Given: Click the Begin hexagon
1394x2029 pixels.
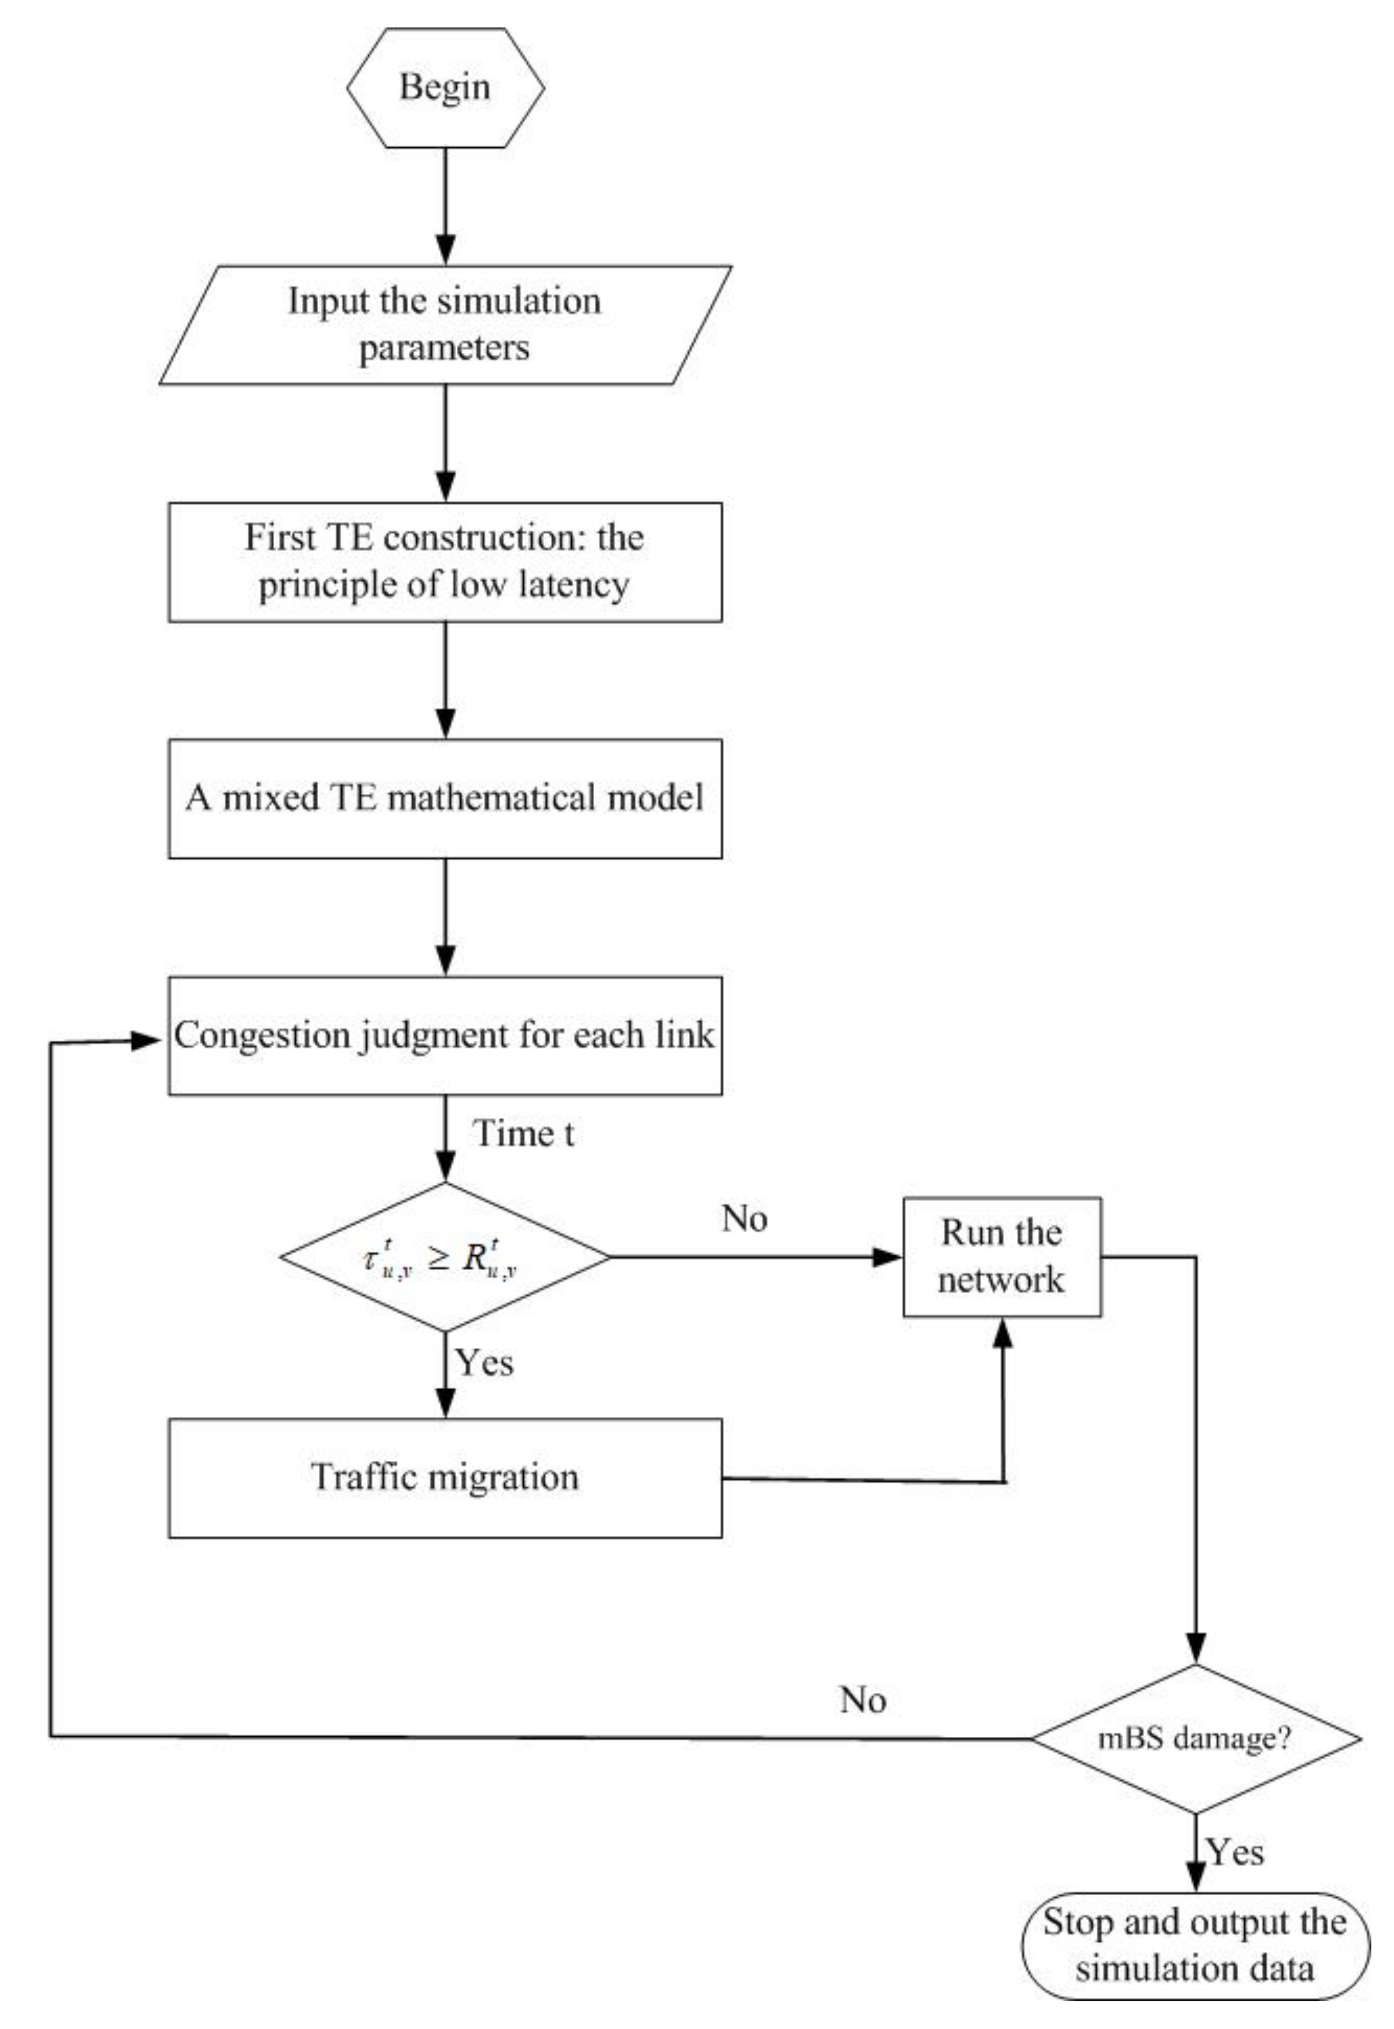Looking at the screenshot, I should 445,87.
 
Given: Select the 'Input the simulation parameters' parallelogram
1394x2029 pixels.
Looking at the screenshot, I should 445,324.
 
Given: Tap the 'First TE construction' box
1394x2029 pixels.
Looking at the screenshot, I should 445,562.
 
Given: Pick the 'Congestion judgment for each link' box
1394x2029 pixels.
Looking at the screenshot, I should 445,1035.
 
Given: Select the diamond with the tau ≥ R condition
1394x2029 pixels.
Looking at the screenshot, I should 445,1257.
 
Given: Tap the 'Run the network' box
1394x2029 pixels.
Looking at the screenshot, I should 1002,1257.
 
